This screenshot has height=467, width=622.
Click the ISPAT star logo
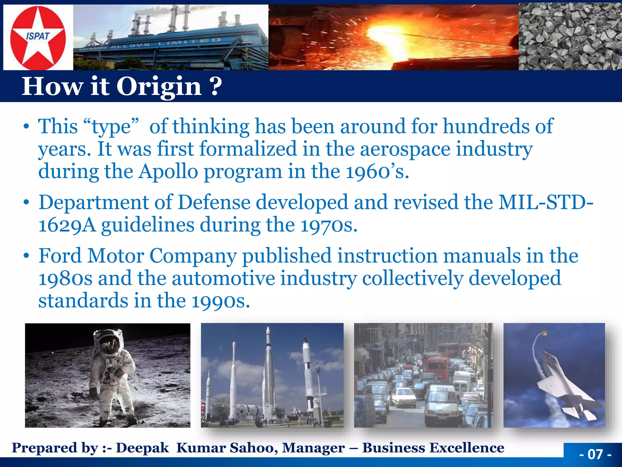click(38, 37)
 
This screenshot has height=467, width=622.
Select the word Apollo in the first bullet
click(168, 172)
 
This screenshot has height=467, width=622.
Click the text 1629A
click(67, 225)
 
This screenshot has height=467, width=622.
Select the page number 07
click(595, 454)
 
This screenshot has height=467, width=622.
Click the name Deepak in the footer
click(142, 448)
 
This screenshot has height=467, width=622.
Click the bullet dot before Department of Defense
click(27, 202)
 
